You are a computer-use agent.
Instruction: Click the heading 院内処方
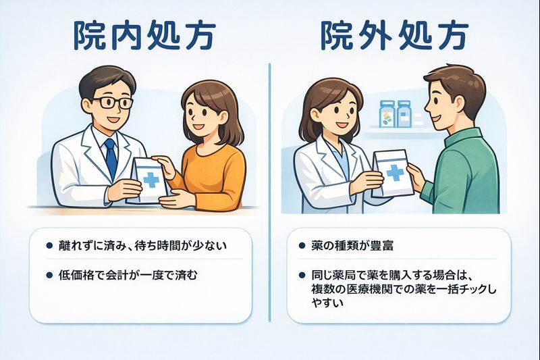tap(144, 36)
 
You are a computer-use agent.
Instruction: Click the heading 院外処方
tap(394, 36)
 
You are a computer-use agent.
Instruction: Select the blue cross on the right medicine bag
tap(395, 173)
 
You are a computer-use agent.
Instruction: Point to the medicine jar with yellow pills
tap(387, 114)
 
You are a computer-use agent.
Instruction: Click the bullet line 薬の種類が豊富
tap(352, 246)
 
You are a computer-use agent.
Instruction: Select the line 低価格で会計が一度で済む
tap(128, 276)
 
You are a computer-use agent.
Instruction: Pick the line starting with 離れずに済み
tap(142, 246)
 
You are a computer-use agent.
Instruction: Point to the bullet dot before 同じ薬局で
tap(302, 276)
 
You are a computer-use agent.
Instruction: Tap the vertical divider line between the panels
tap(269, 192)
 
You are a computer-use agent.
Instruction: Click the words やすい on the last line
tap(327, 303)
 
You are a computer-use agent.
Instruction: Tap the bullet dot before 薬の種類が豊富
tap(302, 246)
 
